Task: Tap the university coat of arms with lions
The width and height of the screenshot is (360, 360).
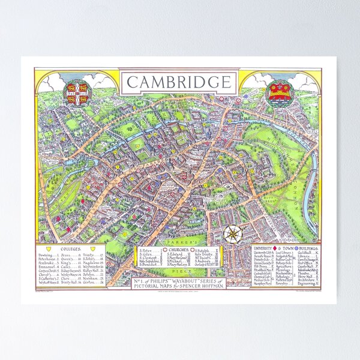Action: point(76,91)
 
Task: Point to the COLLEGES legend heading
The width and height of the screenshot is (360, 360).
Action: point(71,248)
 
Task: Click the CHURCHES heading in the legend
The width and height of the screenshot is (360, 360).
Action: point(180,248)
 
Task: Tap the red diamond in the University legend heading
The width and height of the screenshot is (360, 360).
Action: point(275,247)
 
